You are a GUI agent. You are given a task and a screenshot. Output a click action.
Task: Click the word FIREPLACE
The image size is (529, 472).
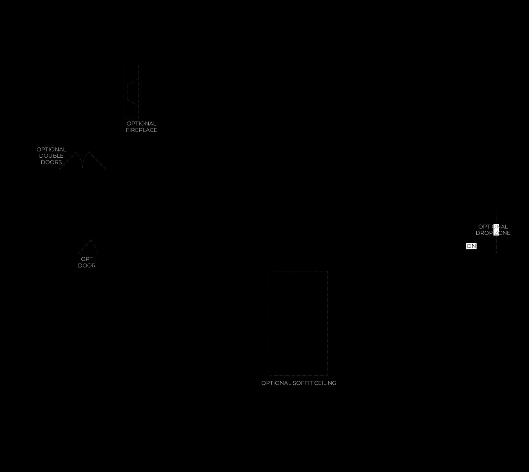(x=141, y=130)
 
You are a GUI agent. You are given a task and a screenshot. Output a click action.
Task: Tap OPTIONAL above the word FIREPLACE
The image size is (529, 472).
(x=141, y=124)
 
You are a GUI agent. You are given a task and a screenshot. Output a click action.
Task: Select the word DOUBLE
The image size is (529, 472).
(x=51, y=156)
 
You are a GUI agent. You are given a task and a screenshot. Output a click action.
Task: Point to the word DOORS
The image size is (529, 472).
(x=51, y=162)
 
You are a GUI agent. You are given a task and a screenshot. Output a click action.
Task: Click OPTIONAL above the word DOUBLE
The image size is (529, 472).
(x=51, y=149)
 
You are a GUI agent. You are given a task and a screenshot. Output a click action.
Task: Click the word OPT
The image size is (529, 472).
(x=87, y=259)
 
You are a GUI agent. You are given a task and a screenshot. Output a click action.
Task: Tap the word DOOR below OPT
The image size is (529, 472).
(x=87, y=265)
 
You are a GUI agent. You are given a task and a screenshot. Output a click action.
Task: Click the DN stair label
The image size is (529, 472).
(x=471, y=246)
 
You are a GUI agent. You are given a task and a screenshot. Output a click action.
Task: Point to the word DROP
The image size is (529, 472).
(x=484, y=233)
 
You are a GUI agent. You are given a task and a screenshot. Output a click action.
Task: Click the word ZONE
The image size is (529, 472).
(x=502, y=233)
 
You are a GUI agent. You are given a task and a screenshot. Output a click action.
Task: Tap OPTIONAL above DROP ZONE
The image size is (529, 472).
(x=493, y=227)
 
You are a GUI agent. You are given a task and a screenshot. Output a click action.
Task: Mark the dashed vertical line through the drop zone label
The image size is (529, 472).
(x=496, y=230)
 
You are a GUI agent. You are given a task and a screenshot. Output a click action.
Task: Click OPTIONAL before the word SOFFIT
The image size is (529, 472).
(x=276, y=383)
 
